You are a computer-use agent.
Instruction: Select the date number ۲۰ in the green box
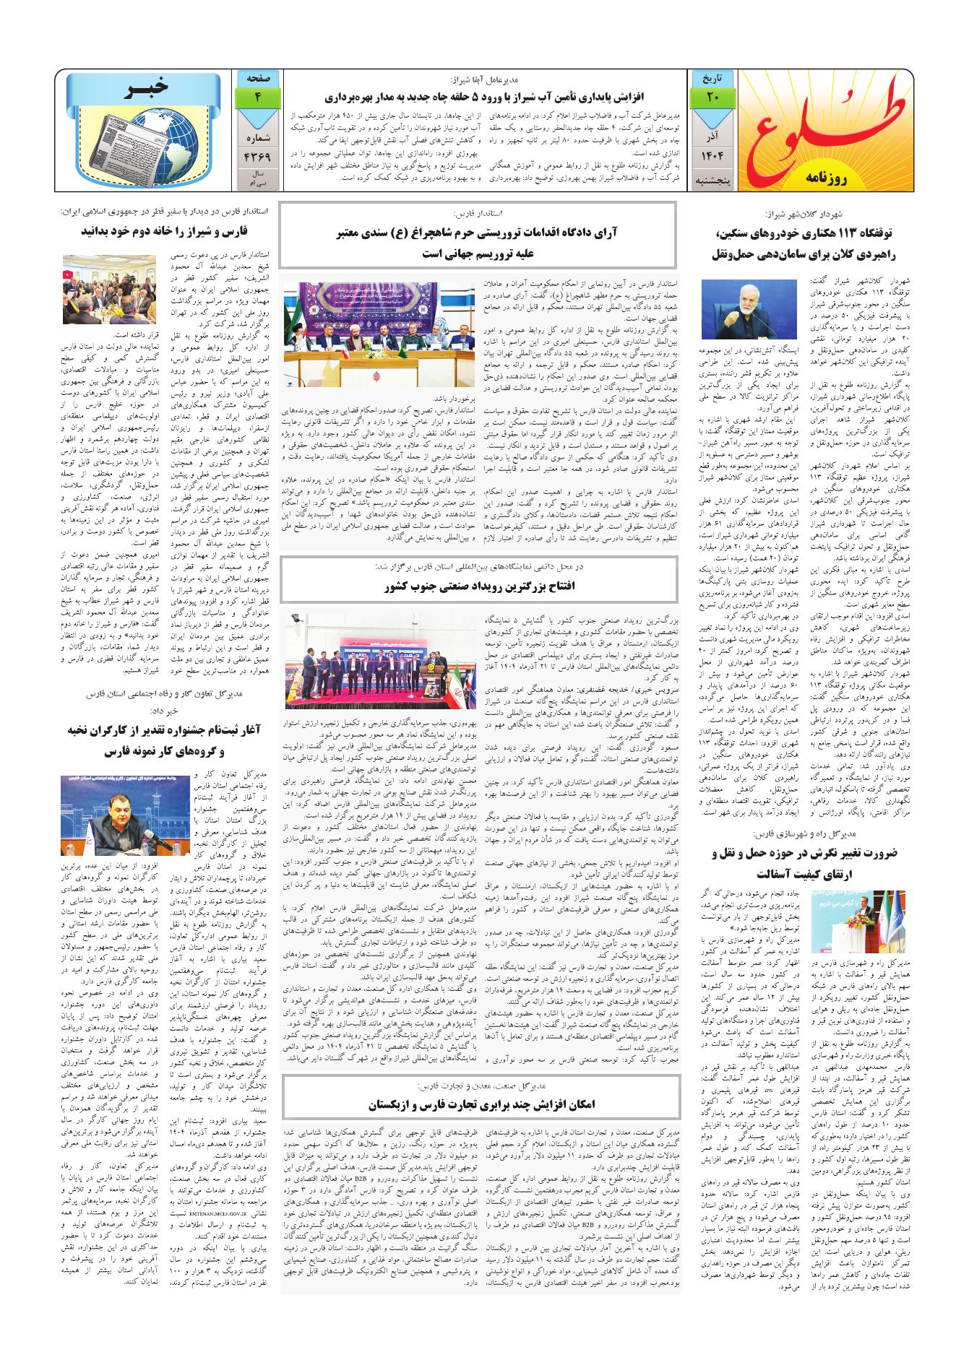(712, 98)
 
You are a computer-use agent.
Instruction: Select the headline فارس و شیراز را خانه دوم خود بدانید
(165, 232)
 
